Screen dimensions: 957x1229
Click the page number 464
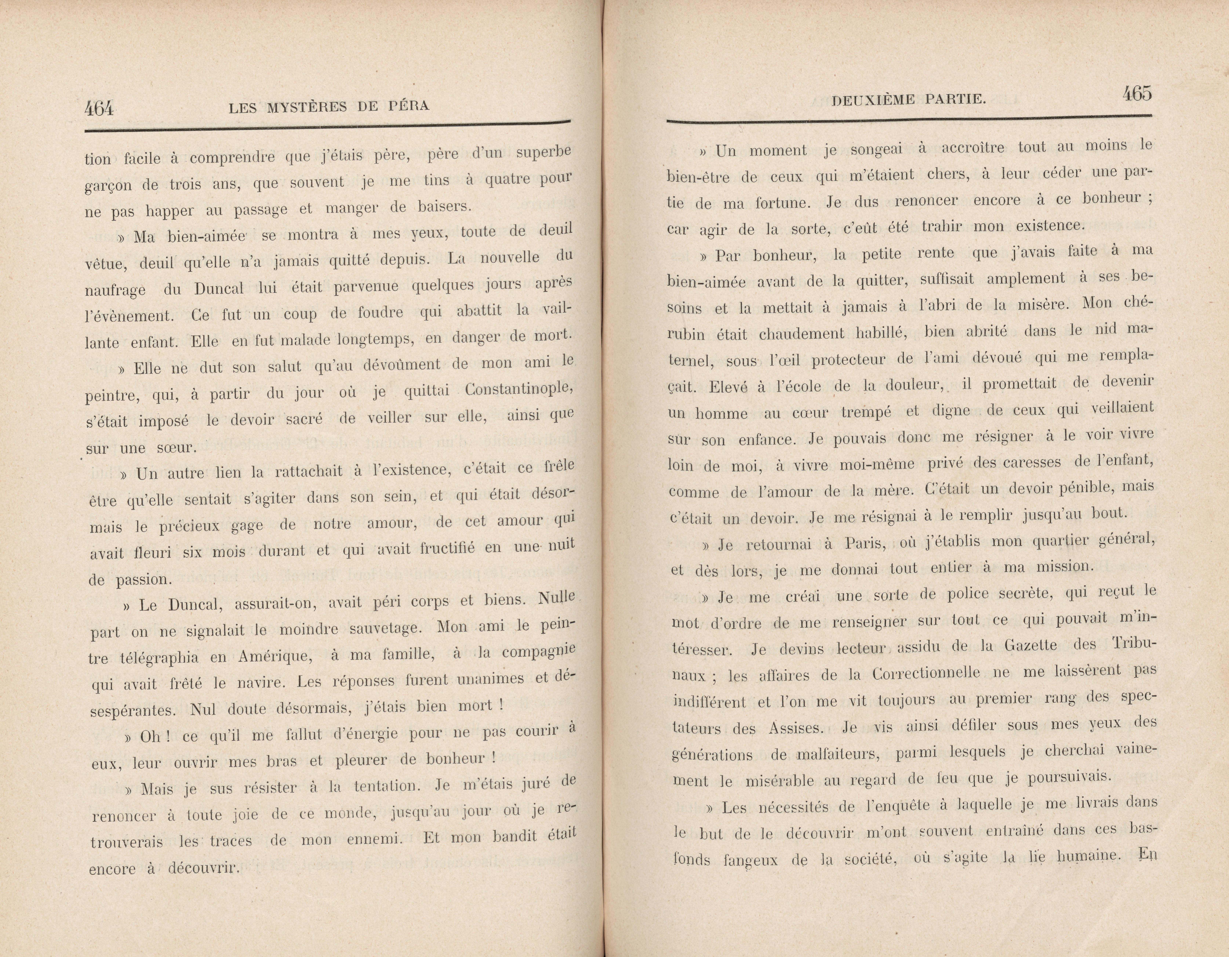[x=99, y=108]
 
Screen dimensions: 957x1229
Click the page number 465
[x=1137, y=94]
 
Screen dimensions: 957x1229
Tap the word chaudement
[x=802, y=334]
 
